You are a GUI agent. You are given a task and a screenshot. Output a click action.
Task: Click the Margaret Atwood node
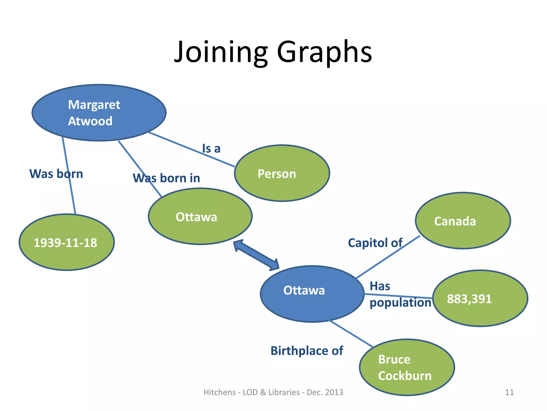pyautogui.click(x=99, y=113)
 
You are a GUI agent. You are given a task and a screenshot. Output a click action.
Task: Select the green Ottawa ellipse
pyautogui.click(x=200, y=216)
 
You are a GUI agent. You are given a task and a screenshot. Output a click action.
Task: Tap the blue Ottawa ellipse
pyautogui.click(x=312, y=294)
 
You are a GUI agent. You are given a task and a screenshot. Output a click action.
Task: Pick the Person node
pyautogui.click(x=282, y=173)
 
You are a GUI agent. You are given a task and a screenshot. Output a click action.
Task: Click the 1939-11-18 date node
pyautogui.click(x=67, y=242)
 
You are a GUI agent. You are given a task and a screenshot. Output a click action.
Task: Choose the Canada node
pyautogui.click(x=463, y=221)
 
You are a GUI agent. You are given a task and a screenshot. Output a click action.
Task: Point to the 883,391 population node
pyautogui.click(x=480, y=298)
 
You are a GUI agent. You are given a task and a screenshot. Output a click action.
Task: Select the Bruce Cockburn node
pyautogui.click(x=407, y=367)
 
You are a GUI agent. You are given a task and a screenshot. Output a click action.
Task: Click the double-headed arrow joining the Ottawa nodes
pyautogui.click(x=256, y=255)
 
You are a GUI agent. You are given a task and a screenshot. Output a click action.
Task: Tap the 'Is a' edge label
pyautogui.click(x=211, y=149)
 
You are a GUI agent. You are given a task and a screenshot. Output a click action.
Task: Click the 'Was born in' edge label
pyautogui.click(x=166, y=178)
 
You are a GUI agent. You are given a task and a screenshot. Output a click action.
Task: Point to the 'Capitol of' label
pyautogui.click(x=375, y=243)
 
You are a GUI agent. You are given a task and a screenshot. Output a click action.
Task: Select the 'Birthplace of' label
pyautogui.click(x=307, y=351)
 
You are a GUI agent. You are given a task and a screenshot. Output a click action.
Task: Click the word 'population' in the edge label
pyautogui.click(x=400, y=303)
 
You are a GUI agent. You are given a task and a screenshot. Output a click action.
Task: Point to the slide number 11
pyautogui.click(x=509, y=392)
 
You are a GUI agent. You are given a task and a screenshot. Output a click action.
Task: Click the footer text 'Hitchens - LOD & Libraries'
pyautogui.click(x=254, y=392)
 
